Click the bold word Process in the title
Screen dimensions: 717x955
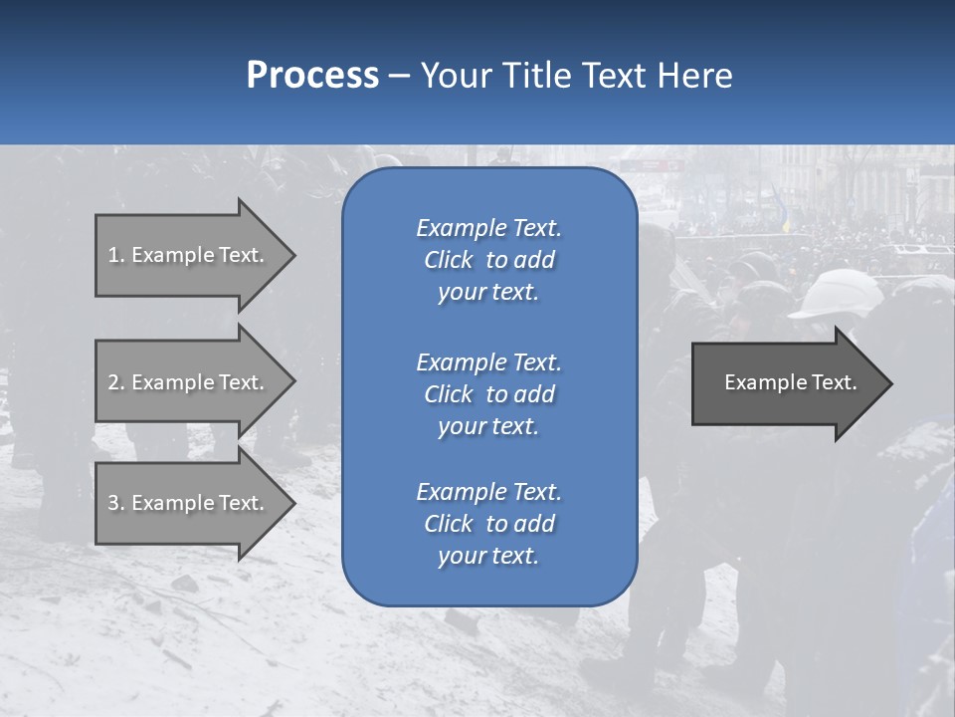pyautogui.click(x=312, y=76)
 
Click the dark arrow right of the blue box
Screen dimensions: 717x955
pyautogui.click(x=786, y=382)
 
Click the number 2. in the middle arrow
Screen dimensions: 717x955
pyautogui.click(x=116, y=382)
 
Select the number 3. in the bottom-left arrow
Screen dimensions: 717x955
pyautogui.click(x=116, y=503)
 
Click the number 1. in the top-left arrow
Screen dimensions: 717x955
pyautogui.click(x=116, y=255)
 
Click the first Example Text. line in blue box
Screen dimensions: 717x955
pyautogui.click(x=488, y=228)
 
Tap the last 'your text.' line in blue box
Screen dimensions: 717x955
pyautogui.click(x=488, y=556)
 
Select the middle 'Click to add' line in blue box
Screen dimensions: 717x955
pyautogui.click(x=488, y=394)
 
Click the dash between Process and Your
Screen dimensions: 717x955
pyautogui.click(x=399, y=76)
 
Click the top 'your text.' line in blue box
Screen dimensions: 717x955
pyautogui.click(x=488, y=293)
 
